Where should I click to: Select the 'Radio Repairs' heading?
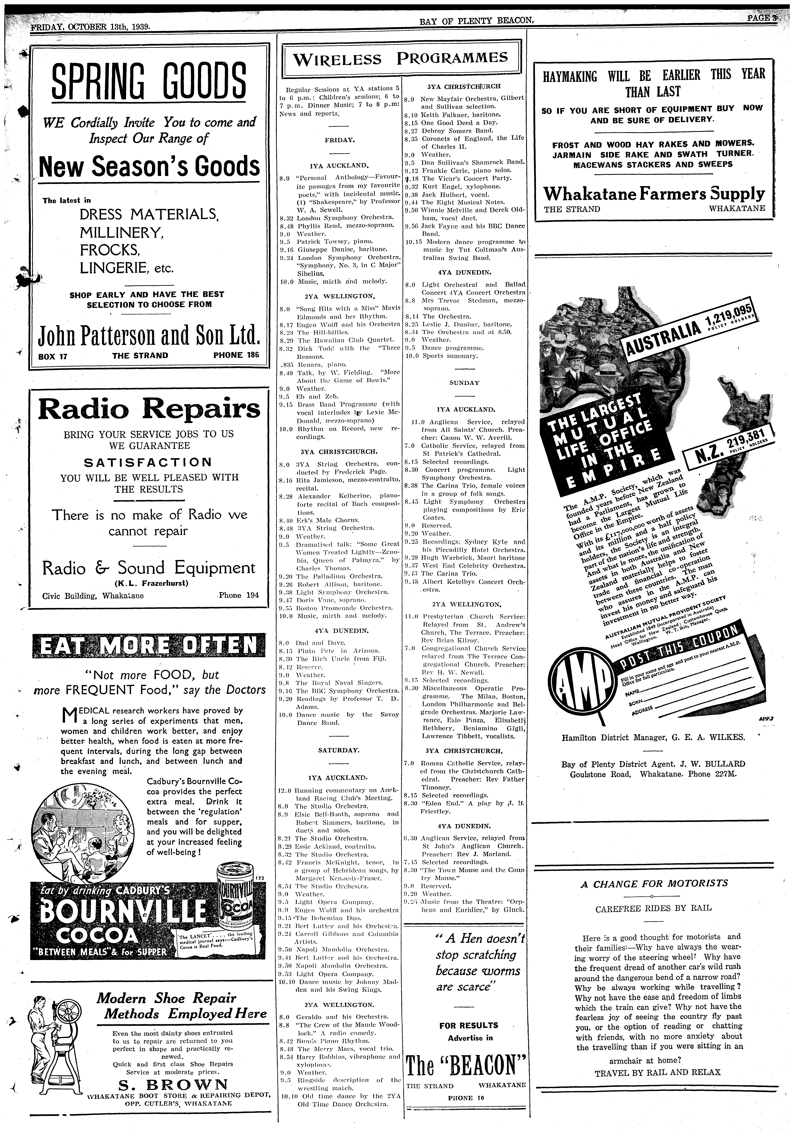coord(149,409)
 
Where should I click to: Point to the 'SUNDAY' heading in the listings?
coord(464,383)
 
